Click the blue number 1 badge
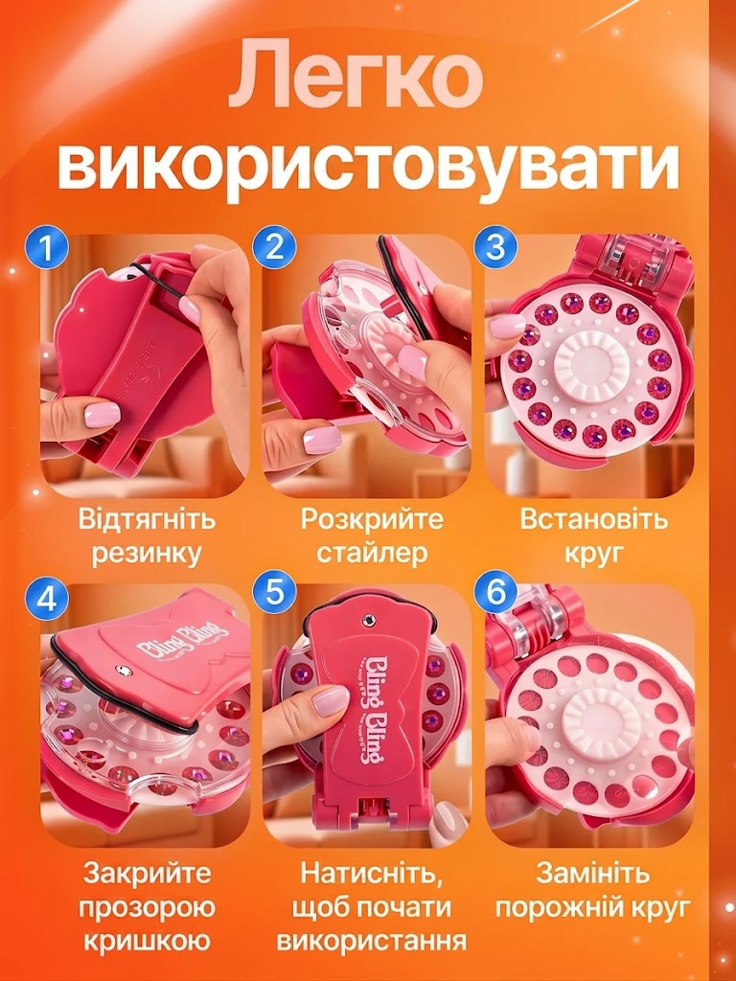click(46, 248)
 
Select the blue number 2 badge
click(273, 248)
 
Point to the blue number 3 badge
click(495, 248)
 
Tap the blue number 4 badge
click(46, 600)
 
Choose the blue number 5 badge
click(273, 592)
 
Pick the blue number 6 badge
click(495, 592)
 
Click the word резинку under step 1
click(147, 554)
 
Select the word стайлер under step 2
click(372, 553)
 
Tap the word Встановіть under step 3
click(593, 520)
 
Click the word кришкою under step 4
click(147, 942)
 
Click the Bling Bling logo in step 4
click(176, 639)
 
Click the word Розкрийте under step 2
click(372, 520)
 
